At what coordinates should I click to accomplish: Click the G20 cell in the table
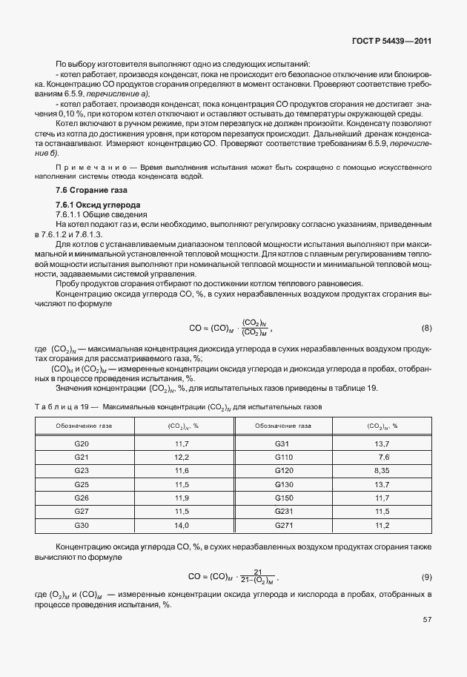[82, 443]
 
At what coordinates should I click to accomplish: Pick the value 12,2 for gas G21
[182, 457]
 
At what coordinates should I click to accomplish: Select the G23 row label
[82, 471]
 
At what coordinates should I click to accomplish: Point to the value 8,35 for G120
[383, 471]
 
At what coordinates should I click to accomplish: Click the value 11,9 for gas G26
[182, 498]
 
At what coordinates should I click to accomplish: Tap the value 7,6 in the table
[384, 457]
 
